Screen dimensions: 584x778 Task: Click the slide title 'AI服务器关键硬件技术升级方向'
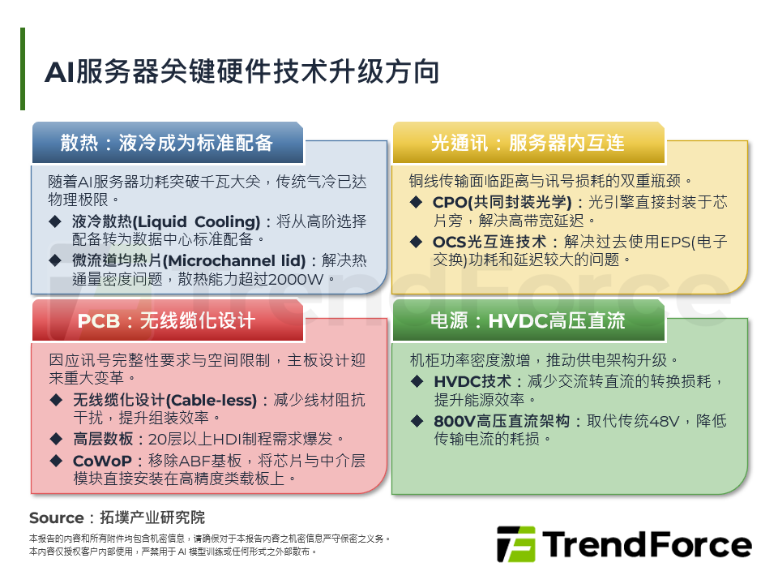pos(242,71)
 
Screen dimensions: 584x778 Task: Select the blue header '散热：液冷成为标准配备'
pos(167,143)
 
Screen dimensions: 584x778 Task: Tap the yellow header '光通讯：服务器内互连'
pos(528,143)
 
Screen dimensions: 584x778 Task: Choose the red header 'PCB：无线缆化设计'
pos(167,321)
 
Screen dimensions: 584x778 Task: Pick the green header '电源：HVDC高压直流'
pos(528,321)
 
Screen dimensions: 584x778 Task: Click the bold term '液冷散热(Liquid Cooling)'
pos(166,221)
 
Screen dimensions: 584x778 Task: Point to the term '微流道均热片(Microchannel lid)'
pos(189,260)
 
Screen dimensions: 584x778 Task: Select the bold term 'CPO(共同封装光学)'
pos(502,202)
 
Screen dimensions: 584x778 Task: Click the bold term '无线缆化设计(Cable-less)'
pos(165,400)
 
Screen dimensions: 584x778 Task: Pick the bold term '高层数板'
pos(102,439)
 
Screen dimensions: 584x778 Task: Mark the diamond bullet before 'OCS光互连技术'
pos(416,241)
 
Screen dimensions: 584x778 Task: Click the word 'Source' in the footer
pos(56,517)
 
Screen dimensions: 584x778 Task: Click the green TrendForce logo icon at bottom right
pos(515,544)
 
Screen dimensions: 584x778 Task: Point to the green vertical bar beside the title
pos(23,69)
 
